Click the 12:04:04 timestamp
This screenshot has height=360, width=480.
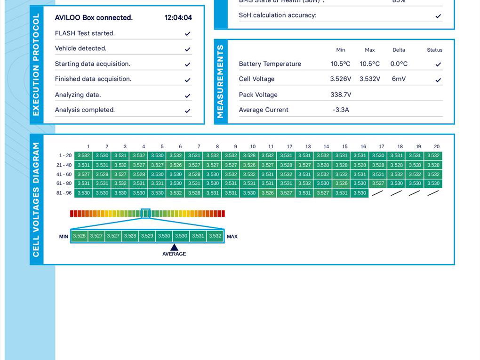(x=178, y=18)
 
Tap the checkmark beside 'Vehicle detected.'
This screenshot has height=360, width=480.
(x=187, y=49)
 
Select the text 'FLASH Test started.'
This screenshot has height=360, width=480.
(x=85, y=33)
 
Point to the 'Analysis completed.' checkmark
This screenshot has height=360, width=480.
(x=187, y=111)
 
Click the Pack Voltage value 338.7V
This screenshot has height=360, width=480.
(x=341, y=95)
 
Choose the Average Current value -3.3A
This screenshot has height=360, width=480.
(x=341, y=110)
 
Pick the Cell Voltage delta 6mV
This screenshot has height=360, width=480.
(x=399, y=79)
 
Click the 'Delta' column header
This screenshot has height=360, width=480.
(x=399, y=50)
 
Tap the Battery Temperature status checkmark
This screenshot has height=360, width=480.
(x=438, y=64)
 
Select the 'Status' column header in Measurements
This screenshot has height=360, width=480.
(x=434, y=50)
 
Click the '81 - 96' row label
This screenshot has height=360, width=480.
(x=64, y=193)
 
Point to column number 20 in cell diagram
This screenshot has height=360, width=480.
(x=437, y=147)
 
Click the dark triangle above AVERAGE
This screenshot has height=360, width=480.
(x=174, y=247)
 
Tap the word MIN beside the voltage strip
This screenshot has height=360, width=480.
(x=64, y=236)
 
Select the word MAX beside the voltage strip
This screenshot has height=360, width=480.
(x=232, y=236)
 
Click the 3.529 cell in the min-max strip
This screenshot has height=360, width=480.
(x=147, y=236)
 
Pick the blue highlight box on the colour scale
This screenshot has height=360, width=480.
(x=145, y=214)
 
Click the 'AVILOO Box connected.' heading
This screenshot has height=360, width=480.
(x=94, y=18)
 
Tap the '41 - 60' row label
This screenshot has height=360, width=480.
(x=64, y=175)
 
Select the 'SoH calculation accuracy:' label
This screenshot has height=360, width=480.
(x=278, y=16)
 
